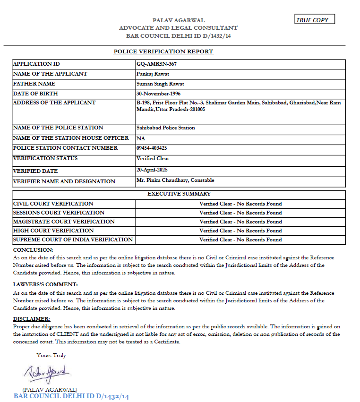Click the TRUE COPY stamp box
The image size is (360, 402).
[314, 20]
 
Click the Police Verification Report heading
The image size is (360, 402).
[163, 51]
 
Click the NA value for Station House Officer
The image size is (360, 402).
[141, 138]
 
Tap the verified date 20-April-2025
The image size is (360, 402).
[152, 170]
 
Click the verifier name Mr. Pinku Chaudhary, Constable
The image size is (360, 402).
[175, 180]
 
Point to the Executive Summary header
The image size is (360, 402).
[179, 194]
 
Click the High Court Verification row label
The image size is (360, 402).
[53, 231]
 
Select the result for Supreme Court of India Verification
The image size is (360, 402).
[240, 239]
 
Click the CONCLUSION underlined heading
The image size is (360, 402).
[33, 250]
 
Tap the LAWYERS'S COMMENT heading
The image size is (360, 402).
[45, 284]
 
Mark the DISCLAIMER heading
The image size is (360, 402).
[32, 319]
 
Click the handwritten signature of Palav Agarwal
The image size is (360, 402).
[47, 372]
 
